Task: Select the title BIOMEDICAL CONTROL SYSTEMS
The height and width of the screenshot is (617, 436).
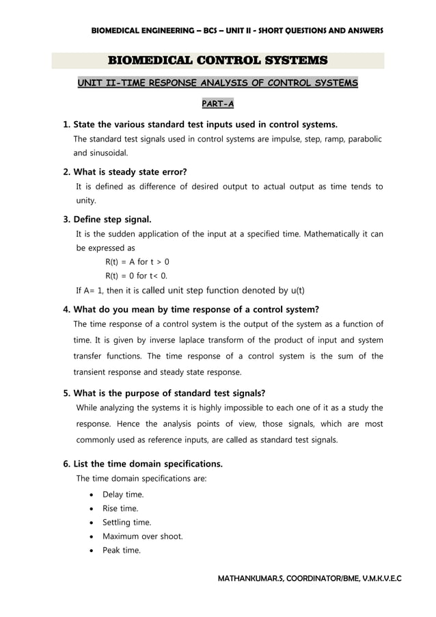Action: click(217, 61)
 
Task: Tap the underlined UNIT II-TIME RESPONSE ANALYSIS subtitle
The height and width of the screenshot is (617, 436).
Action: click(217, 83)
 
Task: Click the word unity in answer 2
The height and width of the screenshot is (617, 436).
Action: click(85, 200)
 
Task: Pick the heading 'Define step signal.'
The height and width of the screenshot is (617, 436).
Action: click(112, 220)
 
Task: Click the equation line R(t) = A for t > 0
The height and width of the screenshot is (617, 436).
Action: click(137, 262)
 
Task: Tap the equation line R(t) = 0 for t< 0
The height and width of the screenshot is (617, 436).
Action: click(136, 276)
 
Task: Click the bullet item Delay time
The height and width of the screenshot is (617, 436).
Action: click(123, 495)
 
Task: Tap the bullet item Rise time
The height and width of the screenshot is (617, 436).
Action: click(120, 508)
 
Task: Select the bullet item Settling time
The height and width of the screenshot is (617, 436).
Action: click(127, 523)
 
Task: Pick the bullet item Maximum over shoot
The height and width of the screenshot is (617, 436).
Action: click(142, 536)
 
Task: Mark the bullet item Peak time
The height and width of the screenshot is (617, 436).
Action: click(121, 550)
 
